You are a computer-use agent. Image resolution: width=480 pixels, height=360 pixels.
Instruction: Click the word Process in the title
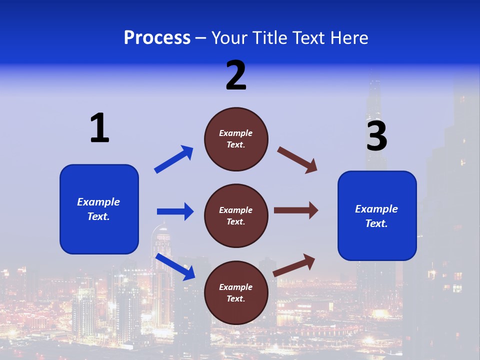click(x=157, y=38)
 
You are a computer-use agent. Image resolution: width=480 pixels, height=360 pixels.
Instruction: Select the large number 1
click(x=99, y=128)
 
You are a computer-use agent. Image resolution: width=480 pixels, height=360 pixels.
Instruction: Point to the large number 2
click(x=236, y=75)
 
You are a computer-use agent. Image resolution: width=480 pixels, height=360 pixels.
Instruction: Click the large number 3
click(x=377, y=136)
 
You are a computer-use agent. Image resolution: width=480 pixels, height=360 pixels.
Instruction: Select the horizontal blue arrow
click(x=175, y=211)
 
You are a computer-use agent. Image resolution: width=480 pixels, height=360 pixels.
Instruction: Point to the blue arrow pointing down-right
click(x=175, y=266)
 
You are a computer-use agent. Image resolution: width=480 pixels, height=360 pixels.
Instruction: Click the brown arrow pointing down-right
click(x=297, y=160)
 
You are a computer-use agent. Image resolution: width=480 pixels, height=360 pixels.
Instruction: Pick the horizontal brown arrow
click(x=296, y=210)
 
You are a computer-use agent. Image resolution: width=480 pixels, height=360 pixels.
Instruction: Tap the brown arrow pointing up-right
click(x=294, y=265)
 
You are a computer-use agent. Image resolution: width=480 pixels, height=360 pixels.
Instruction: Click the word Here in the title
click(x=348, y=38)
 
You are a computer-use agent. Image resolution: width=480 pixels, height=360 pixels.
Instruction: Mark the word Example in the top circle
click(x=236, y=133)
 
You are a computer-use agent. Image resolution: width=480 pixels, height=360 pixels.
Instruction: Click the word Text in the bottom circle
click(x=235, y=298)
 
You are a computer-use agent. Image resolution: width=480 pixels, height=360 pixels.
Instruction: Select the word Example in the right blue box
click(x=376, y=209)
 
